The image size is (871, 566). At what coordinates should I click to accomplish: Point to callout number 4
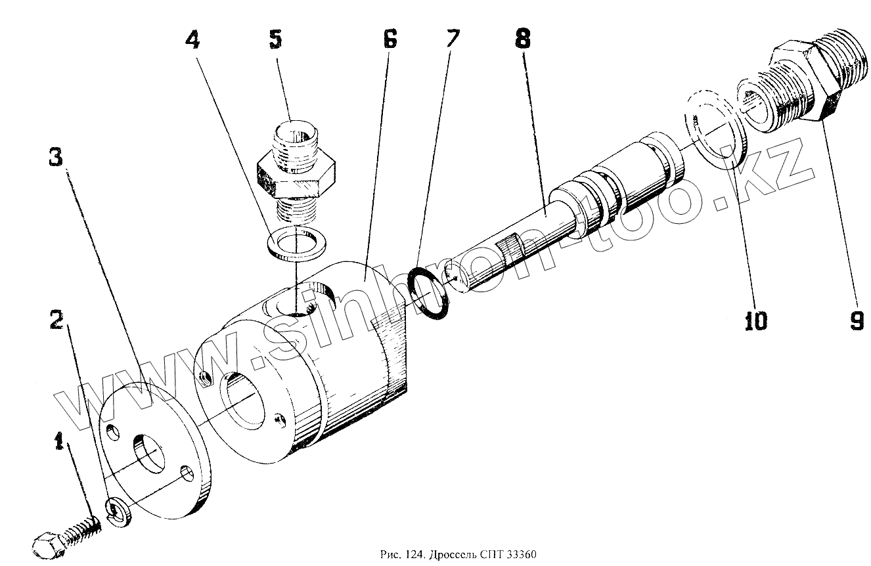click(x=192, y=41)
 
